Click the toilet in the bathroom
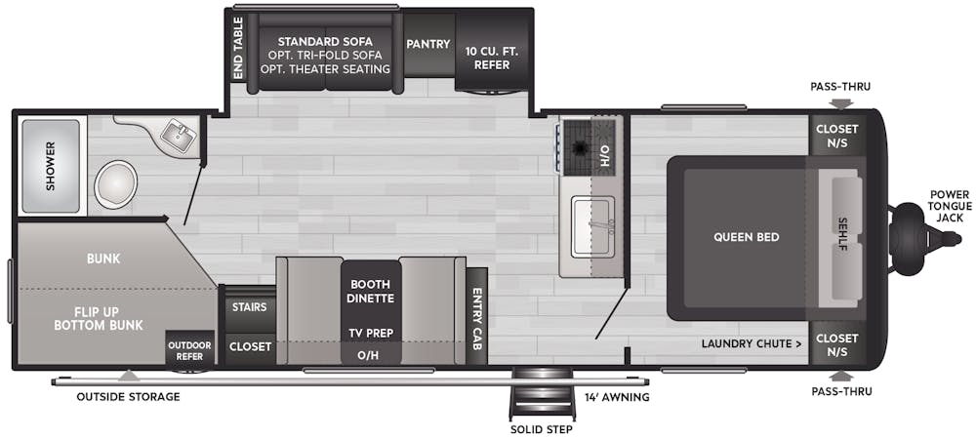[x=116, y=184]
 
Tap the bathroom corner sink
[x=178, y=135]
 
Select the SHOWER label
[x=51, y=166]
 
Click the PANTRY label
[x=428, y=44]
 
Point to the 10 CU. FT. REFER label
[x=492, y=59]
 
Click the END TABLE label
[x=238, y=48]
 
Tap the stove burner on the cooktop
[x=578, y=147]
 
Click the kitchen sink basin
[x=593, y=225]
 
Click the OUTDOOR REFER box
[x=190, y=351]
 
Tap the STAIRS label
[x=250, y=307]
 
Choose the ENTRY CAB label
[x=478, y=318]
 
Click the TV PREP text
[x=371, y=334]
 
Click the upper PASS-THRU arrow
[x=840, y=103]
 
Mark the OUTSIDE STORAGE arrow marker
[x=128, y=376]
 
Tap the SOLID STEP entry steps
[x=541, y=394]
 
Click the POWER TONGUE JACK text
[x=949, y=206]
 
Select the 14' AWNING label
[x=617, y=397]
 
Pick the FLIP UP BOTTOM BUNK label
[x=99, y=318]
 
